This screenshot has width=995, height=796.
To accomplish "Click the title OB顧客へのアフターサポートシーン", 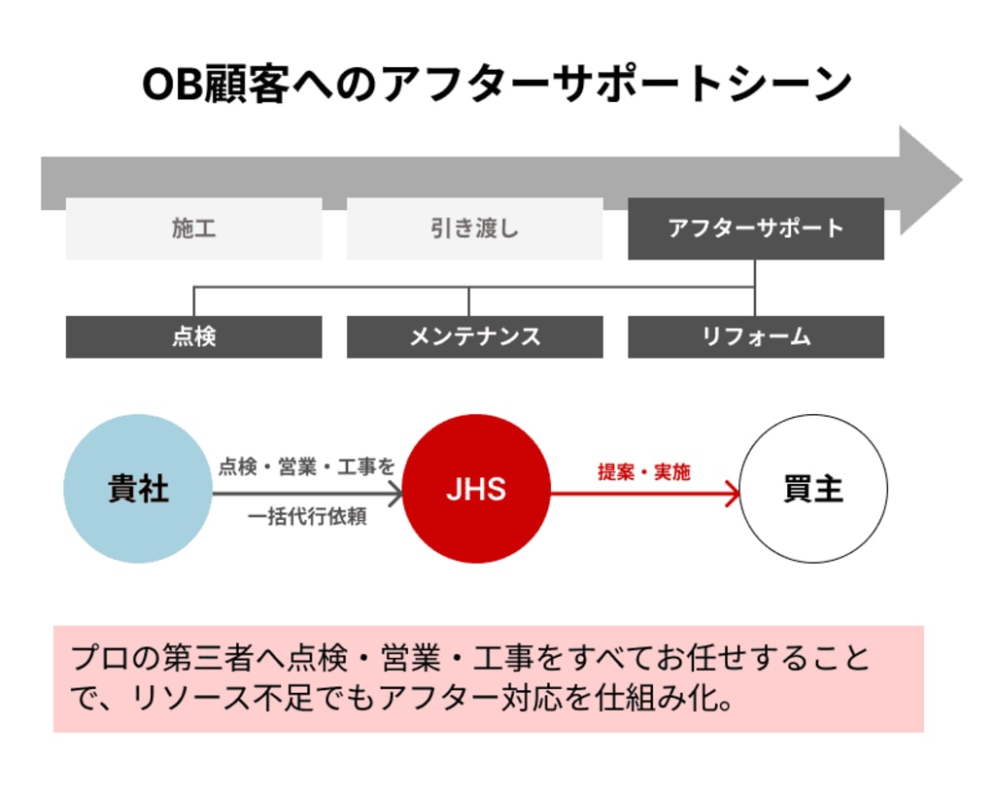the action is pos(497,86).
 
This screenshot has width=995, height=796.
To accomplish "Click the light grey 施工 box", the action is pos(193,228).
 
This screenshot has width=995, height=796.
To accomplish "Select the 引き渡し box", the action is pos(474,228).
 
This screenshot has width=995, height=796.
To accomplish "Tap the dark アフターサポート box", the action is pos(755,228).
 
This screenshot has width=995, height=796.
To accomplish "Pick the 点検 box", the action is pos(193,336).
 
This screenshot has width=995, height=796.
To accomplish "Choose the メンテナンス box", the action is pos(474,336).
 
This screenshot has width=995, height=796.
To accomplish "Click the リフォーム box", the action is pos(755,336).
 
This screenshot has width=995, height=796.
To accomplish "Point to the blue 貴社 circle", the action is pos(138,489).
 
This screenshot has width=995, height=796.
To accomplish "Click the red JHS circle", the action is pos(476,489).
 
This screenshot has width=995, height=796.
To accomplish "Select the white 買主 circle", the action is pos(813,489).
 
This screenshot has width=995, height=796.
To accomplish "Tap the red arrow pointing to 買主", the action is pos(645,495).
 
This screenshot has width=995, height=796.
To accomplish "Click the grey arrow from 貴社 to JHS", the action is pos(307,495).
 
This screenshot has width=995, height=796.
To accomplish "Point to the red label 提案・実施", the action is pos(643,471).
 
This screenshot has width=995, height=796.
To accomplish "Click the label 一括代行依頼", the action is pos(307,517).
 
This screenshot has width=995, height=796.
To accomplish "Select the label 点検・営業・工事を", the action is pos(306,467).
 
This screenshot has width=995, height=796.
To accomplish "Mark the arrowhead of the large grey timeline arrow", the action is pos(928,181).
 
